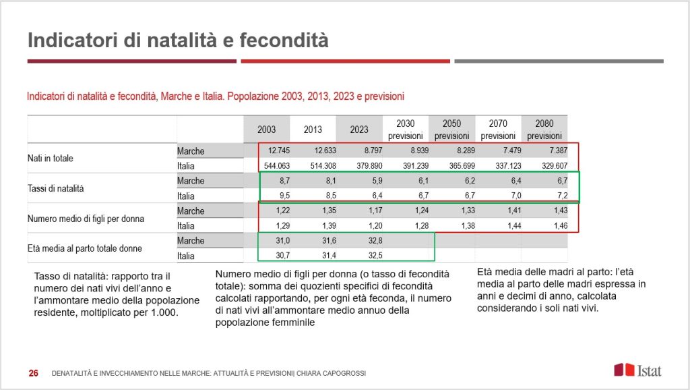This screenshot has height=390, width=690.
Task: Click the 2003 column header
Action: (x=266, y=130)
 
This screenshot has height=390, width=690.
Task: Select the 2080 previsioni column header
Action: (x=544, y=130)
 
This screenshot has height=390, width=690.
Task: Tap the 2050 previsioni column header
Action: (x=451, y=130)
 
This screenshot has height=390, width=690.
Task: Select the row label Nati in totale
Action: (x=51, y=159)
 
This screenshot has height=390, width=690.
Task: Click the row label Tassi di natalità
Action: (x=55, y=188)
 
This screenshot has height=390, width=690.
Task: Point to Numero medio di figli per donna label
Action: (x=86, y=219)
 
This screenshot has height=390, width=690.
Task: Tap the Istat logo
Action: (x=637, y=370)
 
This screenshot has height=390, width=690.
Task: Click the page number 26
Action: (x=33, y=373)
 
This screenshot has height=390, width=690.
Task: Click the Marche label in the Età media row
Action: (x=191, y=241)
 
